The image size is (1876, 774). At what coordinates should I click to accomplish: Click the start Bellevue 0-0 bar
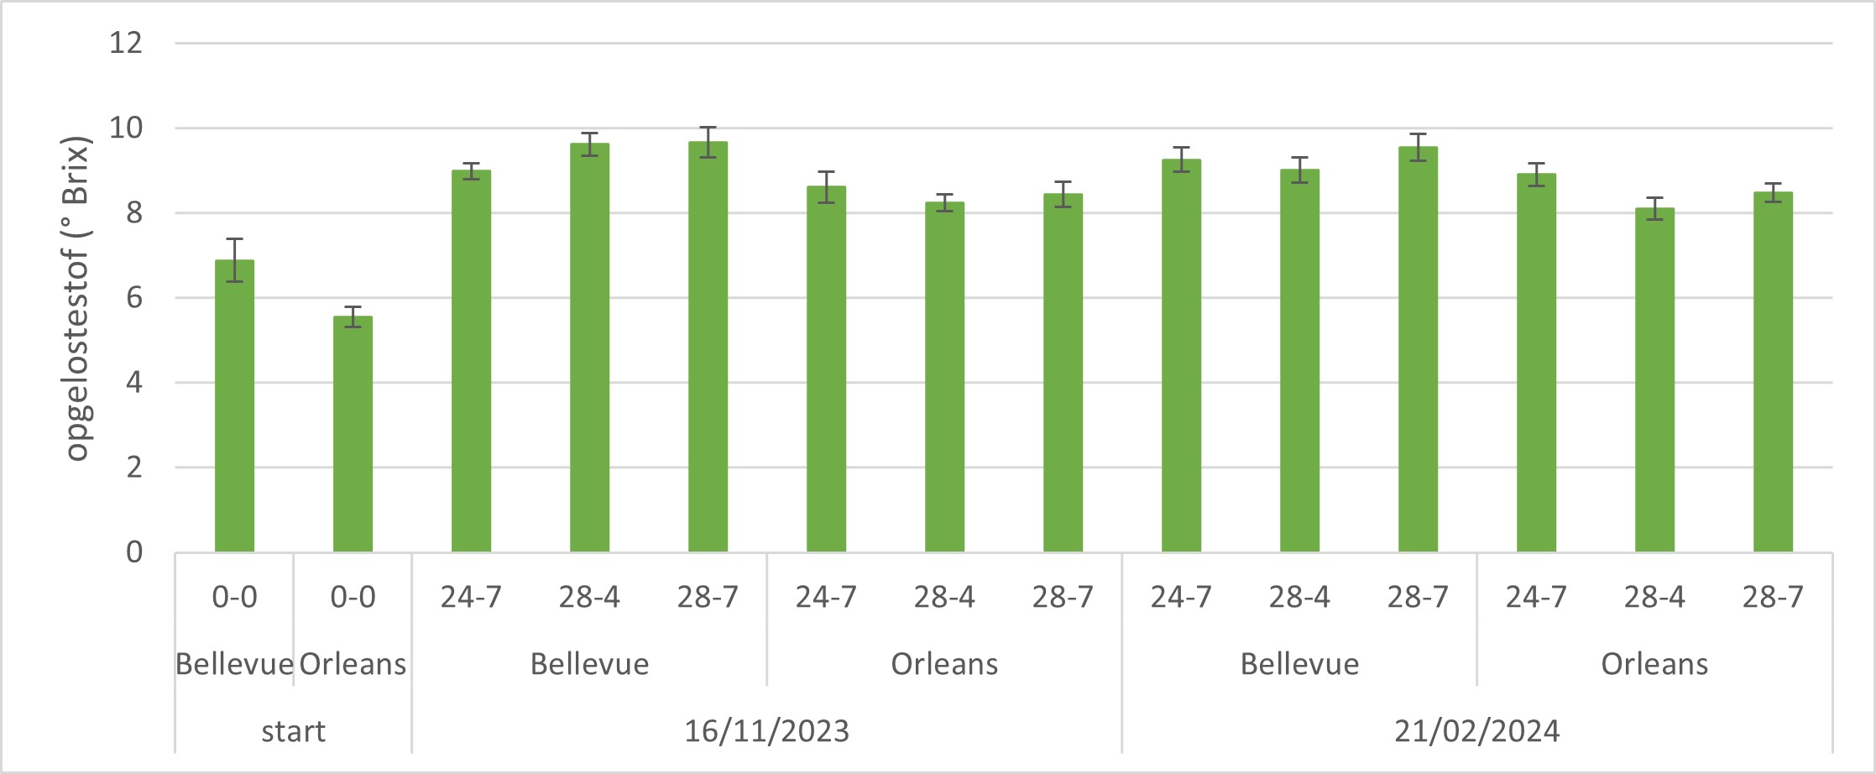pyautogui.click(x=234, y=406)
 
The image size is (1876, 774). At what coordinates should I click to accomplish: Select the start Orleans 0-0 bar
pyautogui.click(x=353, y=434)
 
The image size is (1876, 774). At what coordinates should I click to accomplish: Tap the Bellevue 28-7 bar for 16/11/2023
pyautogui.click(x=708, y=347)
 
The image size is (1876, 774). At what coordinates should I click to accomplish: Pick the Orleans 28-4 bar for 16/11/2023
pyautogui.click(x=944, y=377)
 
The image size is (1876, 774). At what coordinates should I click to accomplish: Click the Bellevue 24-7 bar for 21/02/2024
pyautogui.click(x=1181, y=356)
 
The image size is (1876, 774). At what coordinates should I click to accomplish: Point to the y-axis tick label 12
pyautogui.click(x=126, y=42)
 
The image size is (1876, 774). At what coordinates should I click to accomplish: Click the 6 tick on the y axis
pyautogui.click(x=134, y=298)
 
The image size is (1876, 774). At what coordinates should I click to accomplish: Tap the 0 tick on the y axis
pyautogui.click(x=134, y=552)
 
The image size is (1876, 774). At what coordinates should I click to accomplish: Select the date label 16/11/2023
pyautogui.click(x=766, y=731)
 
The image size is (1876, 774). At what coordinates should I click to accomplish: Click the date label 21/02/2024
pyautogui.click(x=1476, y=731)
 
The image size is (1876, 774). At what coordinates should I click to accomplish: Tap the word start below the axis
pyautogui.click(x=293, y=731)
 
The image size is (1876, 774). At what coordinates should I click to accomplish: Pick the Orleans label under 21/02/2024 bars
pyautogui.click(x=1654, y=664)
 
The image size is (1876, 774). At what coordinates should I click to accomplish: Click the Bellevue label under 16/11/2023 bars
pyautogui.click(x=589, y=664)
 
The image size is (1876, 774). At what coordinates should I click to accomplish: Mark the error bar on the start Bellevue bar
pyautogui.click(x=234, y=259)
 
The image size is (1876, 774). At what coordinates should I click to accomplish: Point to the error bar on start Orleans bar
pyautogui.click(x=353, y=316)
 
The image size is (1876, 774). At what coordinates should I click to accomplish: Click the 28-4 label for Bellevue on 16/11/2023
pyautogui.click(x=589, y=597)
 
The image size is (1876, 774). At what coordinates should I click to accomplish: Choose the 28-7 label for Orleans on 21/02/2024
pyautogui.click(x=1773, y=597)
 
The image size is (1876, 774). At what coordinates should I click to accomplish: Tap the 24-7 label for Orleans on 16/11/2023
pyautogui.click(x=826, y=597)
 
